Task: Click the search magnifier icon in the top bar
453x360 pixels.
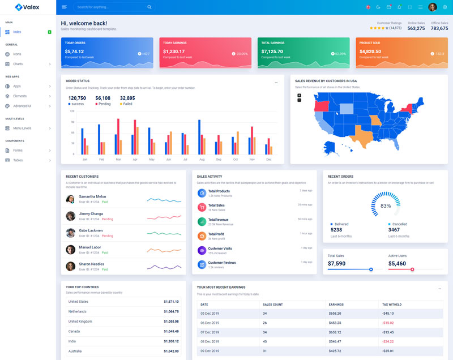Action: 149,7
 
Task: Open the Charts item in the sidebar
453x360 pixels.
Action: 18,64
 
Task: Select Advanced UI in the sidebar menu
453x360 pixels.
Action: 22,106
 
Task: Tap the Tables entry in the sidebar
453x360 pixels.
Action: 18,160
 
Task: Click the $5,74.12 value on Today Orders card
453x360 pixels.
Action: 74,52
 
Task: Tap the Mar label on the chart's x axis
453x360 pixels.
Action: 118,160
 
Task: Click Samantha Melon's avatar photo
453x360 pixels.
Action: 70,199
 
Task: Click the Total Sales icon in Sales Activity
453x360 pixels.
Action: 202,207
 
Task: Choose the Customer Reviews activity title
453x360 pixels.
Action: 222,263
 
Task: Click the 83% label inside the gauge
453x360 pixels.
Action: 386,205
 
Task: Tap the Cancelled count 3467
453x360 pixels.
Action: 394,230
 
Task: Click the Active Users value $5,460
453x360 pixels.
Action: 397,264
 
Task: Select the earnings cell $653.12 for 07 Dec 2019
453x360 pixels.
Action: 335,332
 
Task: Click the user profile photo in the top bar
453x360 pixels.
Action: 433,7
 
